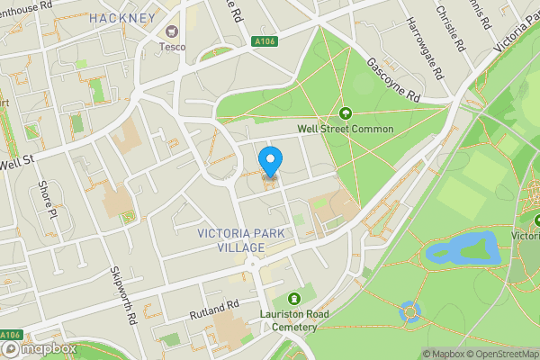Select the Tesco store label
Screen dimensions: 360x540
point(173,47)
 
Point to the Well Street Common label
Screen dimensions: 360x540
point(346,129)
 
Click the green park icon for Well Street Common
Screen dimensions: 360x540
point(346,113)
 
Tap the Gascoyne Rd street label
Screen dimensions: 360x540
point(393,79)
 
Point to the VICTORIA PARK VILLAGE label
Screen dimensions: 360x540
point(231,240)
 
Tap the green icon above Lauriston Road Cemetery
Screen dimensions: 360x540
point(293,299)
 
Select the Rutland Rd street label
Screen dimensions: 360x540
point(213,308)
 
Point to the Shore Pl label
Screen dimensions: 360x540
point(48,202)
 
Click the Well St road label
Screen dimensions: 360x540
point(16,164)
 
